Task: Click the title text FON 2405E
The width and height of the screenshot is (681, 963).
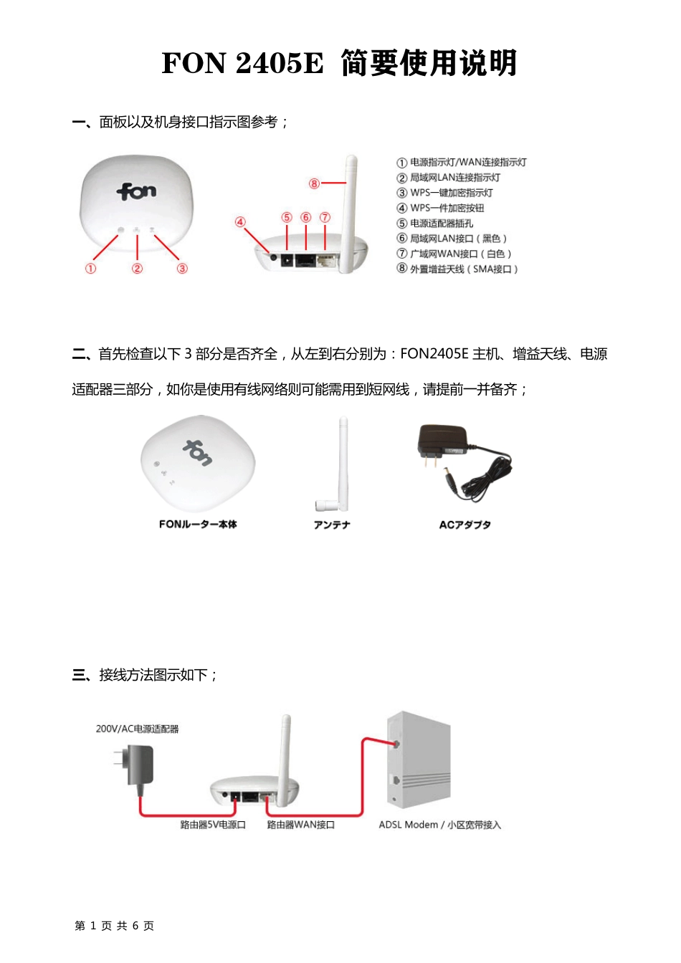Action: point(242,63)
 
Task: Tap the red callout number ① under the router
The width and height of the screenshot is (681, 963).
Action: point(90,269)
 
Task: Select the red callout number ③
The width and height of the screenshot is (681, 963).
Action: point(182,269)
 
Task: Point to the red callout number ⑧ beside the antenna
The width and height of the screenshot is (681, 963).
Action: point(314,183)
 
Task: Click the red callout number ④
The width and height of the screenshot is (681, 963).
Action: point(240,222)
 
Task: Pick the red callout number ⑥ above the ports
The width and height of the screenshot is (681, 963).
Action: point(306,217)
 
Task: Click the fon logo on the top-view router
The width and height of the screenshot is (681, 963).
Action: point(136,191)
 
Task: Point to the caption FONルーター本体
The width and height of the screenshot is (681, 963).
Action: point(198,524)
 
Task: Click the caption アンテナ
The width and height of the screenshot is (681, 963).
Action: point(332,525)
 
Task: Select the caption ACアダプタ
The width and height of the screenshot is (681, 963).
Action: point(465,525)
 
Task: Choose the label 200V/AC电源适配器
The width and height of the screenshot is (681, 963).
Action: point(137,729)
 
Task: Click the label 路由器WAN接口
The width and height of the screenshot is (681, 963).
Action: point(301,825)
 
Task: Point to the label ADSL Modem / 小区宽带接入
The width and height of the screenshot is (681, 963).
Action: point(439,825)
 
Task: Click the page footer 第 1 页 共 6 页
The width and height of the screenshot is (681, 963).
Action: point(114,926)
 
